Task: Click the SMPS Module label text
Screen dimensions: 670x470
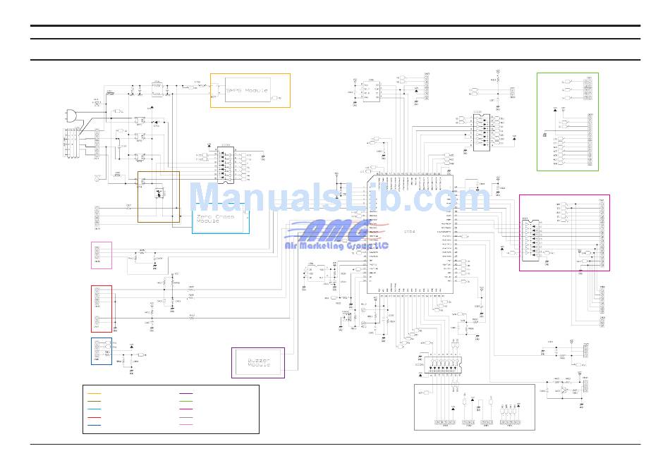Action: (x=247, y=90)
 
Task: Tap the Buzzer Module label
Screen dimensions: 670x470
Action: (x=258, y=363)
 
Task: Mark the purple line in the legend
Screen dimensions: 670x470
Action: (x=186, y=393)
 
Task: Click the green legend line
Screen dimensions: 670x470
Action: (x=186, y=402)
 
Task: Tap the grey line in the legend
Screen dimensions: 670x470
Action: (x=186, y=418)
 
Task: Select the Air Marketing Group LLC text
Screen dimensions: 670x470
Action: (x=336, y=245)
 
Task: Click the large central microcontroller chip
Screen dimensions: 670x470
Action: (x=409, y=233)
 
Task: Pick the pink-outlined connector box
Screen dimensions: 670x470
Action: (x=102, y=254)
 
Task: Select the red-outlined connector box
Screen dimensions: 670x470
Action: (x=102, y=308)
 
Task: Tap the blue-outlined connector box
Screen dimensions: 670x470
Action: (x=101, y=351)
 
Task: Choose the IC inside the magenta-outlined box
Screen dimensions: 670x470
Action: (x=529, y=240)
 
